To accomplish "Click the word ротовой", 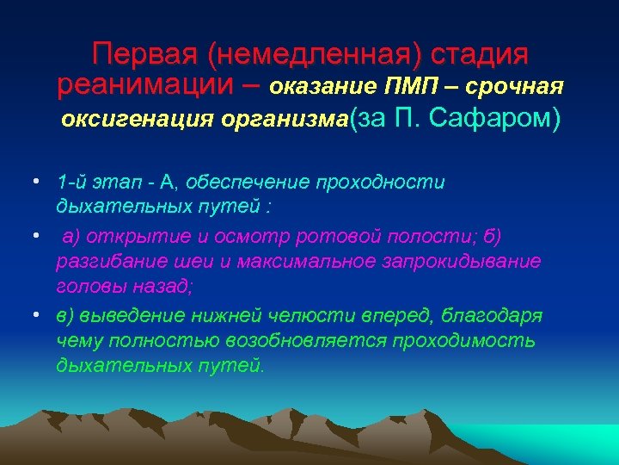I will click(x=324, y=236).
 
